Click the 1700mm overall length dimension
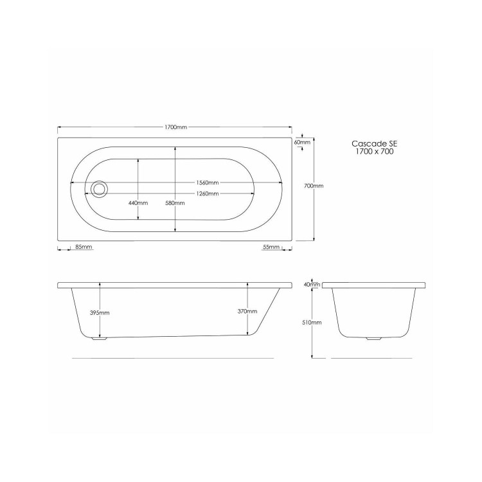(176, 128)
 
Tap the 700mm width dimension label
(313, 186)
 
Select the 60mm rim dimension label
(303, 142)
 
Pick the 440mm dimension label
(138, 203)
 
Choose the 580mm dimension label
(175, 203)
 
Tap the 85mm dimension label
(84, 247)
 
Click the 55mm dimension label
(271, 247)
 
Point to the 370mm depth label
(247, 311)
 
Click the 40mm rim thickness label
(312, 284)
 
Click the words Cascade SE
(370, 145)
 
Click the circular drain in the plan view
(100, 188)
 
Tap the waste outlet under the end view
(372, 338)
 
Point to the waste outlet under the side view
(98, 338)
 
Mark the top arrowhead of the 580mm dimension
(175, 148)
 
